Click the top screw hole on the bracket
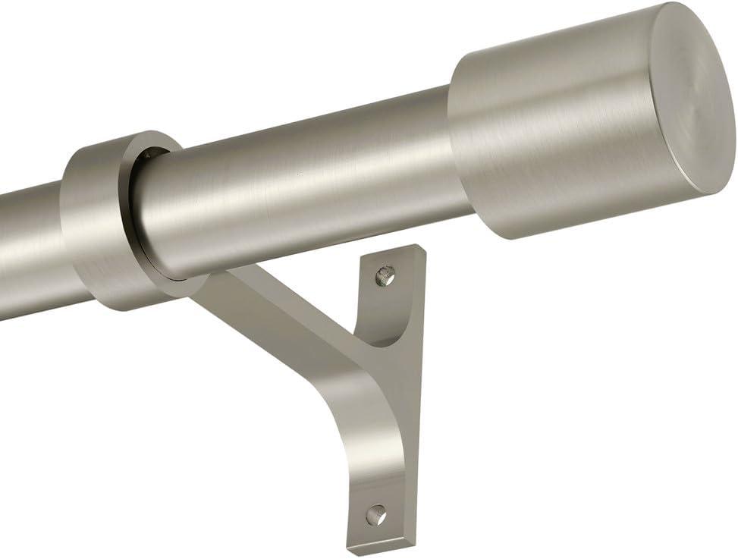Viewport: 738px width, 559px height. click(386, 275)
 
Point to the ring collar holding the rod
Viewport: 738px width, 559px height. click(114, 220)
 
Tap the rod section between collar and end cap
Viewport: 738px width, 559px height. click(303, 182)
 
